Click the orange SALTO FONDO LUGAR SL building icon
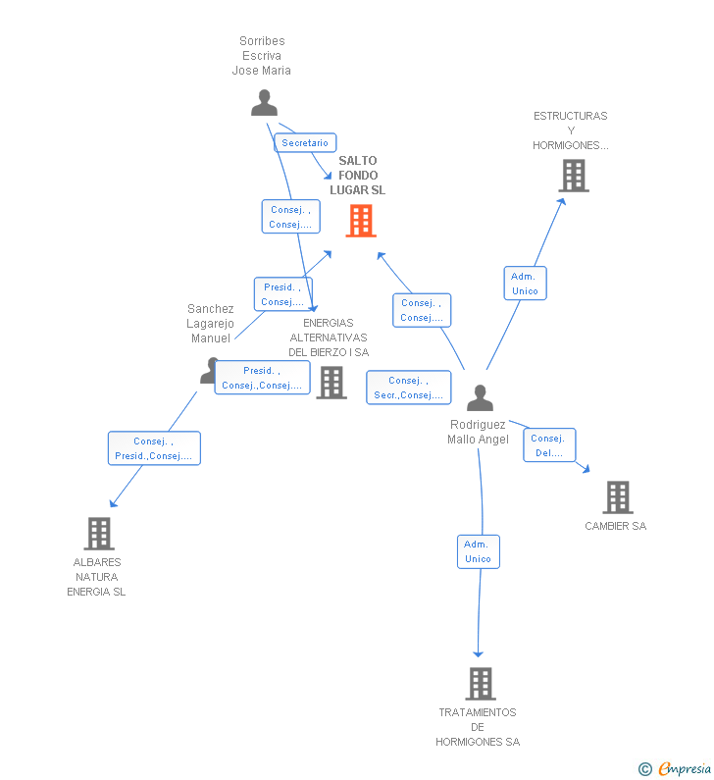pos(361,221)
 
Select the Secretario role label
pos(305,143)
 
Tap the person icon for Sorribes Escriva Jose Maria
pos(264,103)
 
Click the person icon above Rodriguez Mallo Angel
pos(480,397)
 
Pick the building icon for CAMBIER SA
pos(618,497)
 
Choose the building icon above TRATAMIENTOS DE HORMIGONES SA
pos(481,684)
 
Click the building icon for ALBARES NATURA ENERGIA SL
pos(99,534)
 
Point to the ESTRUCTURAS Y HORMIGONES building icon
pos(574,176)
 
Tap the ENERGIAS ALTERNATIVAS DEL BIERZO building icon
pos(331,383)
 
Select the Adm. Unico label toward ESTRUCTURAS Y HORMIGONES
pos(525,283)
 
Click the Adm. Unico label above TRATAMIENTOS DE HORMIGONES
pos(479,551)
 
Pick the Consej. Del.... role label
pos(549,445)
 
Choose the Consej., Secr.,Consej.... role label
pos(409,388)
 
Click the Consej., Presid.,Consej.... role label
pos(154,448)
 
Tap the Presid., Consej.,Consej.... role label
pos(262,378)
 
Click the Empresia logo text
pos(685,768)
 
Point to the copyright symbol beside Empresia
pos(645,769)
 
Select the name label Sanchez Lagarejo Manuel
pos(210,324)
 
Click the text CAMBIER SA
pos(616,526)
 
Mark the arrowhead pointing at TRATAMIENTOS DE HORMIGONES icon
pos(479,653)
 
